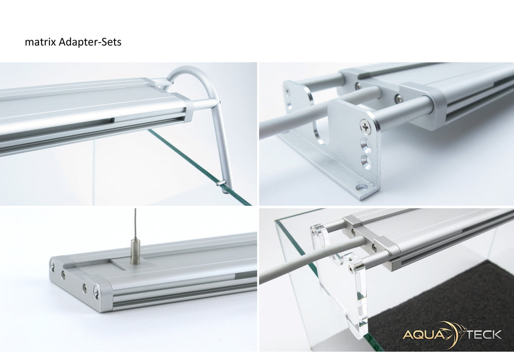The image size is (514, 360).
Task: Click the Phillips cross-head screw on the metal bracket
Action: point(365,125)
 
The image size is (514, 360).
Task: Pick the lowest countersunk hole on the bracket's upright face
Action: point(366,162)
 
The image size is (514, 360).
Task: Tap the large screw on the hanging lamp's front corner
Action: point(97,294)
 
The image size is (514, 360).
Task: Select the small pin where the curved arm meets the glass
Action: point(219,182)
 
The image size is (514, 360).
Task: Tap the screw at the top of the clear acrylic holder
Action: point(350,268)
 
